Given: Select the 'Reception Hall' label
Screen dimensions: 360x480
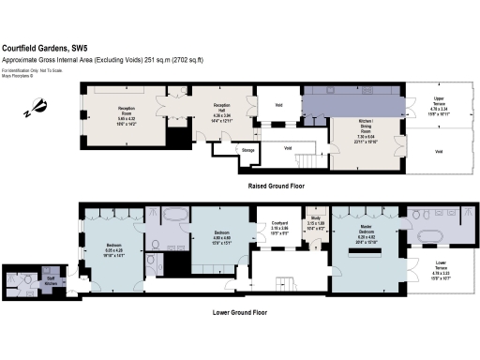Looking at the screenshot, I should pos(222,110).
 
